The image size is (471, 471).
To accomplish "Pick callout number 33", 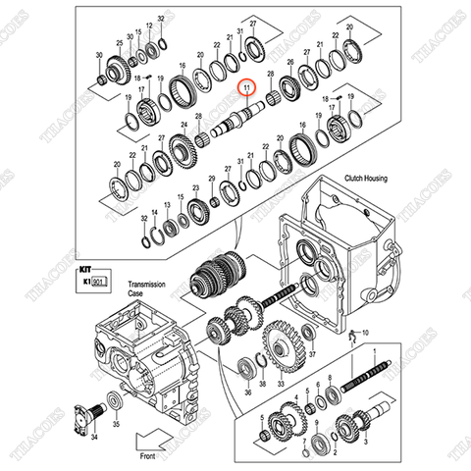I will pos(281,386).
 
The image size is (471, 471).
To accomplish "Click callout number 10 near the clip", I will pos(366,335).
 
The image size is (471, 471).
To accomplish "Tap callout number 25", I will pos(120,44).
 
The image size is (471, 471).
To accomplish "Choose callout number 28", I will pos(270,87).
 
